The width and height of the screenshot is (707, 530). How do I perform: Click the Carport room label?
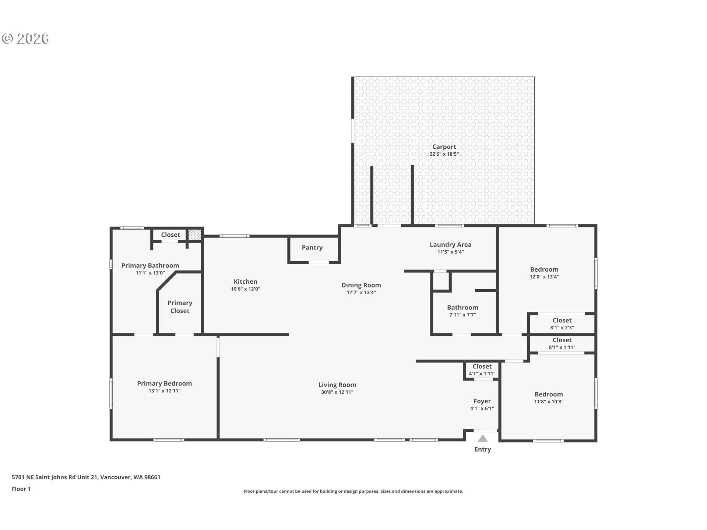444,147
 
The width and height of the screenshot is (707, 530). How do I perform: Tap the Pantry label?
312,248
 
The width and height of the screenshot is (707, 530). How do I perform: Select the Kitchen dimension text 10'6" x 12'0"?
246,289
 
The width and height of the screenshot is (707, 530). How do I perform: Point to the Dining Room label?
361,285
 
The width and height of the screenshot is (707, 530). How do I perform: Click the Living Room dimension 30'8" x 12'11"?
337,392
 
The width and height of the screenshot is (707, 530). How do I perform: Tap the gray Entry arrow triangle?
483,438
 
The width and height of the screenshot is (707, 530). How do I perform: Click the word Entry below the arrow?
483,449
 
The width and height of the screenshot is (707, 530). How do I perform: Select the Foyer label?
482,401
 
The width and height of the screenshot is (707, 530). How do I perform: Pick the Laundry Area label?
451,245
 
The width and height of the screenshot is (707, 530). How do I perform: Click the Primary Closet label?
180,307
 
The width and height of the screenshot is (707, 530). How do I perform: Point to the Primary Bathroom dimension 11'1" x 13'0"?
150,273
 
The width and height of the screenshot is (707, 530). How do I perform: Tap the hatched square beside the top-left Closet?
195,235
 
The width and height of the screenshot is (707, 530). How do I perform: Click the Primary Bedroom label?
165,384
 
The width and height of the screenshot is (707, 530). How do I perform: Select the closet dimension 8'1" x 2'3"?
562,328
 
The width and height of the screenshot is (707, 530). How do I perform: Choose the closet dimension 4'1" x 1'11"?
482,374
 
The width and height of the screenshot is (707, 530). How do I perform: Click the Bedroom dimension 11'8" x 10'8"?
549,402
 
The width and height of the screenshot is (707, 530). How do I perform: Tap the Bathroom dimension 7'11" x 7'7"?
463,315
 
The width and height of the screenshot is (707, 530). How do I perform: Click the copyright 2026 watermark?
25,39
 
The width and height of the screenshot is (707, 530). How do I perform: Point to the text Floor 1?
21,489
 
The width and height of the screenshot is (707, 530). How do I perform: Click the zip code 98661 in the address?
152,477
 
